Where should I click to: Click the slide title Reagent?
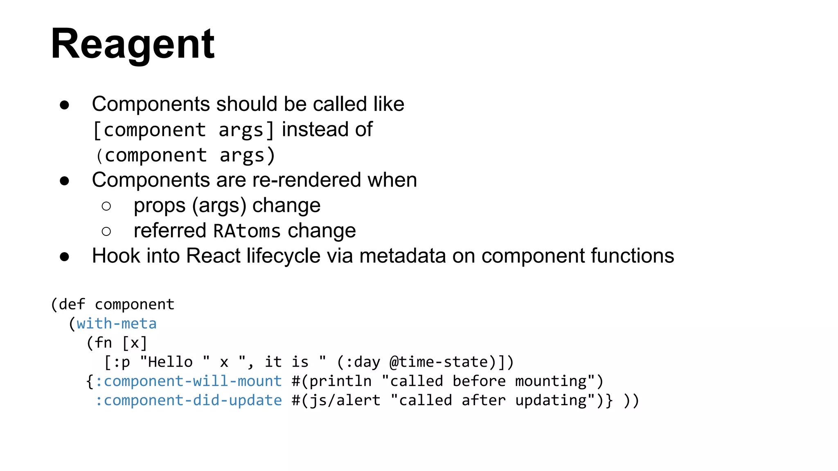tap(133, 44)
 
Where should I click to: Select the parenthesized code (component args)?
tap(185, 155)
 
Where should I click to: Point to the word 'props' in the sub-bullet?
tap(160, 206)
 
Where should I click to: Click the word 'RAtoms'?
tap(247, 231)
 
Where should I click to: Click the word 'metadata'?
tap(403, 256)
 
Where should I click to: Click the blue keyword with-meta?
tap(117, 323)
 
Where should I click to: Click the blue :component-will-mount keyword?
tap(188, 381)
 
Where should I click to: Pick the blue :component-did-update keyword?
tap(188, 400)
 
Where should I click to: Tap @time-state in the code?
tap(439, 362)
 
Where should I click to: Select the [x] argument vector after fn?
tap(135, 343)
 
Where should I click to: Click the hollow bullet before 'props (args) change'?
tap(106, 206)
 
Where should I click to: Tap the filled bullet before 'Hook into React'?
tap(64, 257)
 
